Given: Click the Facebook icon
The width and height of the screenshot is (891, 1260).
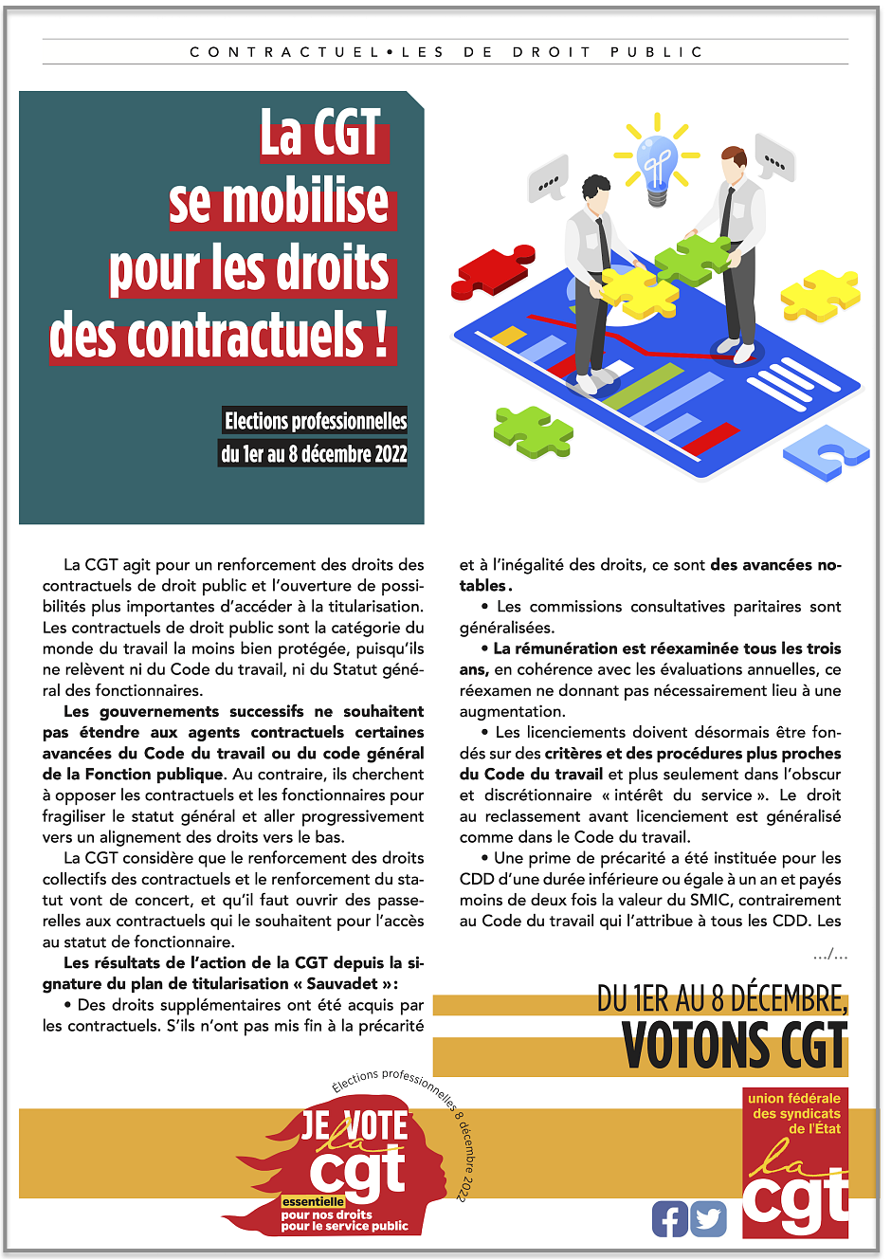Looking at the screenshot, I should point(669,1218).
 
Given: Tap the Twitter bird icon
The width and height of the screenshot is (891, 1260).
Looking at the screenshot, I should point(708,1218).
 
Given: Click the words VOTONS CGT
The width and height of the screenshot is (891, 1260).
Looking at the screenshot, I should point(734,1047).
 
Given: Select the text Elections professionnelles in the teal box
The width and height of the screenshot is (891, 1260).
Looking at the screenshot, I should point(316,420).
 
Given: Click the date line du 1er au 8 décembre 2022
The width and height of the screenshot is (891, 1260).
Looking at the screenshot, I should point(314,453).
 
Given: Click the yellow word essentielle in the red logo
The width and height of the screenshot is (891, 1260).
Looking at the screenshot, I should point(313,1201).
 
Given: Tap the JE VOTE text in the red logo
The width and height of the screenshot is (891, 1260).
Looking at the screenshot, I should point(355,1125).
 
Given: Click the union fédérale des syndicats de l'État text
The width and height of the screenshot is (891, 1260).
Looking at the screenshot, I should point(794,1113).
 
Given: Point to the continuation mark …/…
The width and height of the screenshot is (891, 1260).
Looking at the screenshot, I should point(829,954).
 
